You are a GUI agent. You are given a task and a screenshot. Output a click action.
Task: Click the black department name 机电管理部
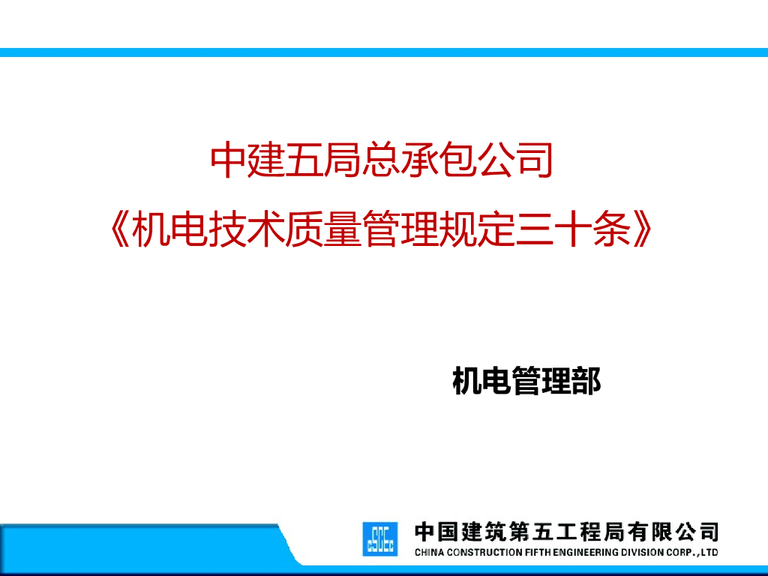tap(526, 381)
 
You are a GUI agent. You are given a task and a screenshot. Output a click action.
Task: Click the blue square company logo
tap(380, 538)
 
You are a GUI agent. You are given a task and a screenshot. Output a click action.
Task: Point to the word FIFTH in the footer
tap(538, 553)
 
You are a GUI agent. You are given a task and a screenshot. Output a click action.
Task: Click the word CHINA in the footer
tap(429, 553)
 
